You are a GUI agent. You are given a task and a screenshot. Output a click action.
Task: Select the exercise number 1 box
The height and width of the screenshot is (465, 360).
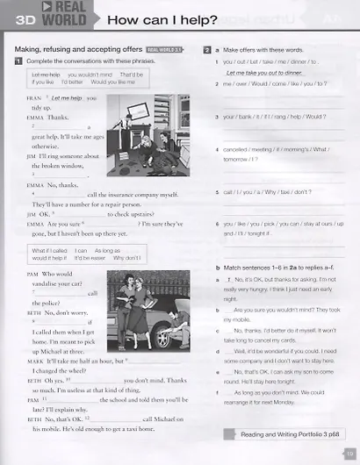[x=18, y=61]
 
